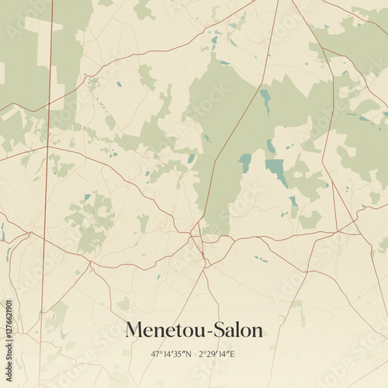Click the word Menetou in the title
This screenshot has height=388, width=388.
[163, 330]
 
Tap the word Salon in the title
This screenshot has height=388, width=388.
[237, 330]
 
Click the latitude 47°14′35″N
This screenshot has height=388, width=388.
[171, 354]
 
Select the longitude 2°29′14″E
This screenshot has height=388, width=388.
[217, 354]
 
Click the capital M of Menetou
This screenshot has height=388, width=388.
[133, 330]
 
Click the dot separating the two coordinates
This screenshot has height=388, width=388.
[194, 354]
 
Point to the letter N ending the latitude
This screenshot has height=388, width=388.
[188, 354]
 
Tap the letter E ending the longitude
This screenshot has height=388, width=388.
[233, 354]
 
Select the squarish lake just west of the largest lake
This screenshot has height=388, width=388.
[245, 162]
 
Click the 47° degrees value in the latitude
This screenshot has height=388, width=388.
[156, 354]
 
